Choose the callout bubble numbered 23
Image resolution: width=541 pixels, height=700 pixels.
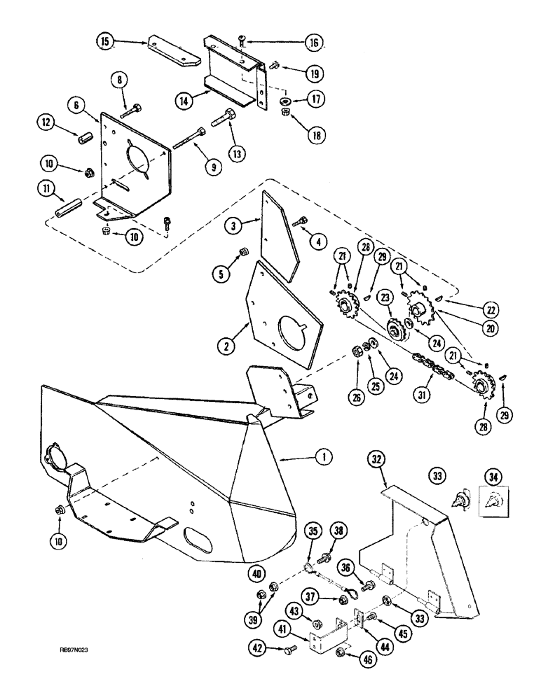(x=385, y=297)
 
